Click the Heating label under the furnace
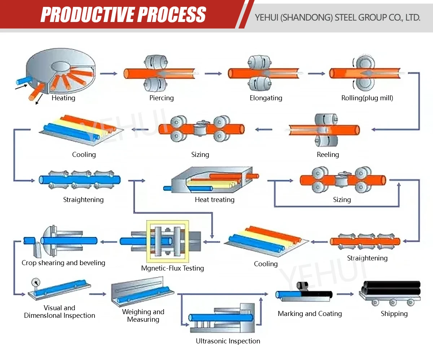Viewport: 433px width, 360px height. (x=64, y=98)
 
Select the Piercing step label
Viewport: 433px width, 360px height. (x=162, y=98)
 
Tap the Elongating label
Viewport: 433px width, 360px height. (x=266, y=98)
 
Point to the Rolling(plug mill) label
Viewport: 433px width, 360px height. (x=367, y=98)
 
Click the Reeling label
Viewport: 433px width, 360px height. (x=328, y=154)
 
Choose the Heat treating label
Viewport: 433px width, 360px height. (x=215, y=199)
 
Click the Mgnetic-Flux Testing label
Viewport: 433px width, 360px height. (x=172, y=268)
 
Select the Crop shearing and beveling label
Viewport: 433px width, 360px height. (x=64, y=263)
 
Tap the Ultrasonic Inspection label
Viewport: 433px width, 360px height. (x=228, y=341)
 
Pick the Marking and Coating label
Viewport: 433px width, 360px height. (x=310, y=313)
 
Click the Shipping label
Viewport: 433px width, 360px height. (x=394, y=313)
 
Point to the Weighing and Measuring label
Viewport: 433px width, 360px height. (x=143, y=316)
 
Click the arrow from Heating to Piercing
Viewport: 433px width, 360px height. (x=109, y=74)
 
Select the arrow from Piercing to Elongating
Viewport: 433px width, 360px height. (x=213, y=74)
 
